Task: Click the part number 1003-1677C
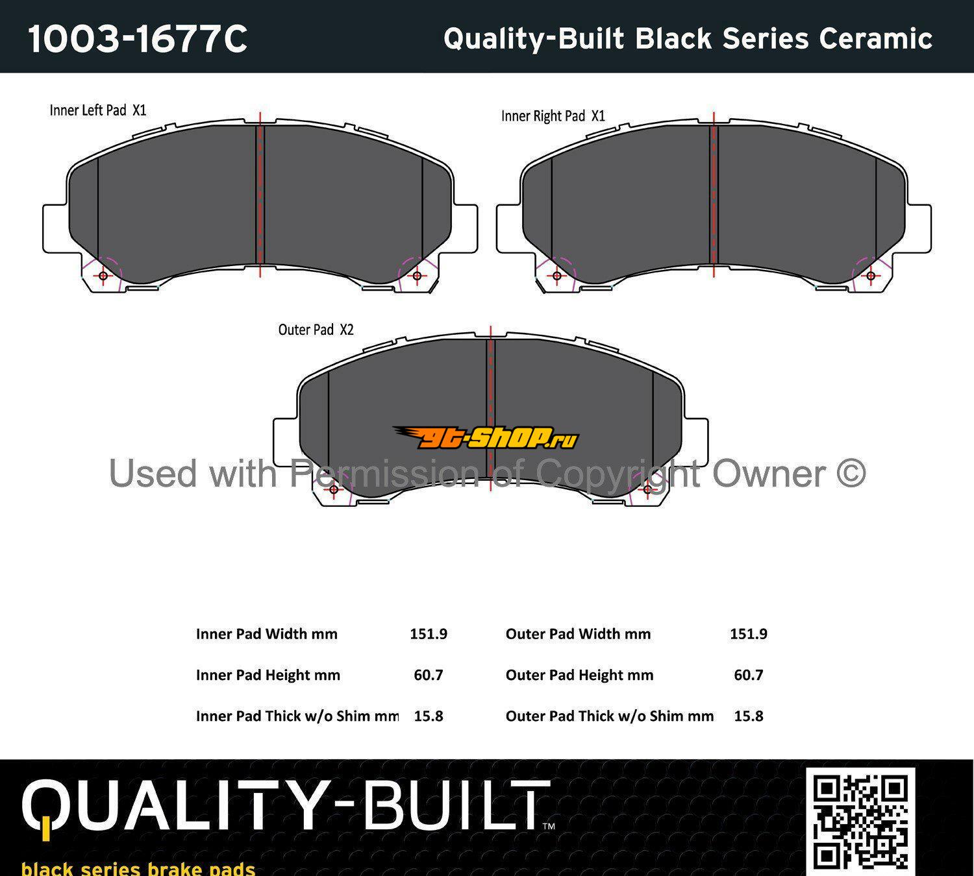[138, 39]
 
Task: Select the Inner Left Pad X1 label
[97, 110]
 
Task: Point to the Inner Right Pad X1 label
[553, 116]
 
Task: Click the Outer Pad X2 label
[316, 330]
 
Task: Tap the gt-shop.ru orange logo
[486, 437]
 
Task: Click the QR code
[860, 821]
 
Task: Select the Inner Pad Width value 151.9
[429, 634]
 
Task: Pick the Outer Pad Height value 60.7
[748, 675]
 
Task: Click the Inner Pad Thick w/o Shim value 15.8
[429, 716]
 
